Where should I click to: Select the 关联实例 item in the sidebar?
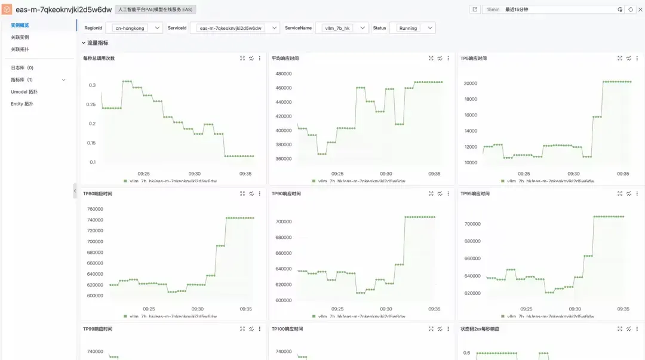[x=20, y=37]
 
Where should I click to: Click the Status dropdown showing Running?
[x=413, y=28]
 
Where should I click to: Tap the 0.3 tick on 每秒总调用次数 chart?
[x=92, y=85]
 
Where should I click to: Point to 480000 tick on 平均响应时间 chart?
[x=283, y=73]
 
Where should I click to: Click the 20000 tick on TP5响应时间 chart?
[x=471, y=83]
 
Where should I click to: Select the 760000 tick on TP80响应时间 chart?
[x=96, y=209]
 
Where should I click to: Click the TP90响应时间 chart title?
[x=286, y=193]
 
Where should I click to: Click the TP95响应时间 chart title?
[x=475, y=193]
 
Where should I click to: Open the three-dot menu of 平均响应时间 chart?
[x=448, y=59]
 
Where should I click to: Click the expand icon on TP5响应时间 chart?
[x=619, y=59]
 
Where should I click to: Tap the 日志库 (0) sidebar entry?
[x=22, y=67]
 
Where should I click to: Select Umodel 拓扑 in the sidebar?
[x=24, y=92]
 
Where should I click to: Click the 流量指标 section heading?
[x=97, y=43]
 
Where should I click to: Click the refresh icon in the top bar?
[x=630, y=10]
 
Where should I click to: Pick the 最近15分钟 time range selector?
[x=517, y=10]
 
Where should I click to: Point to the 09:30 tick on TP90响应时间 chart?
[x=386, y=309]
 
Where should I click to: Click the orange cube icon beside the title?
[x=7, y=10]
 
